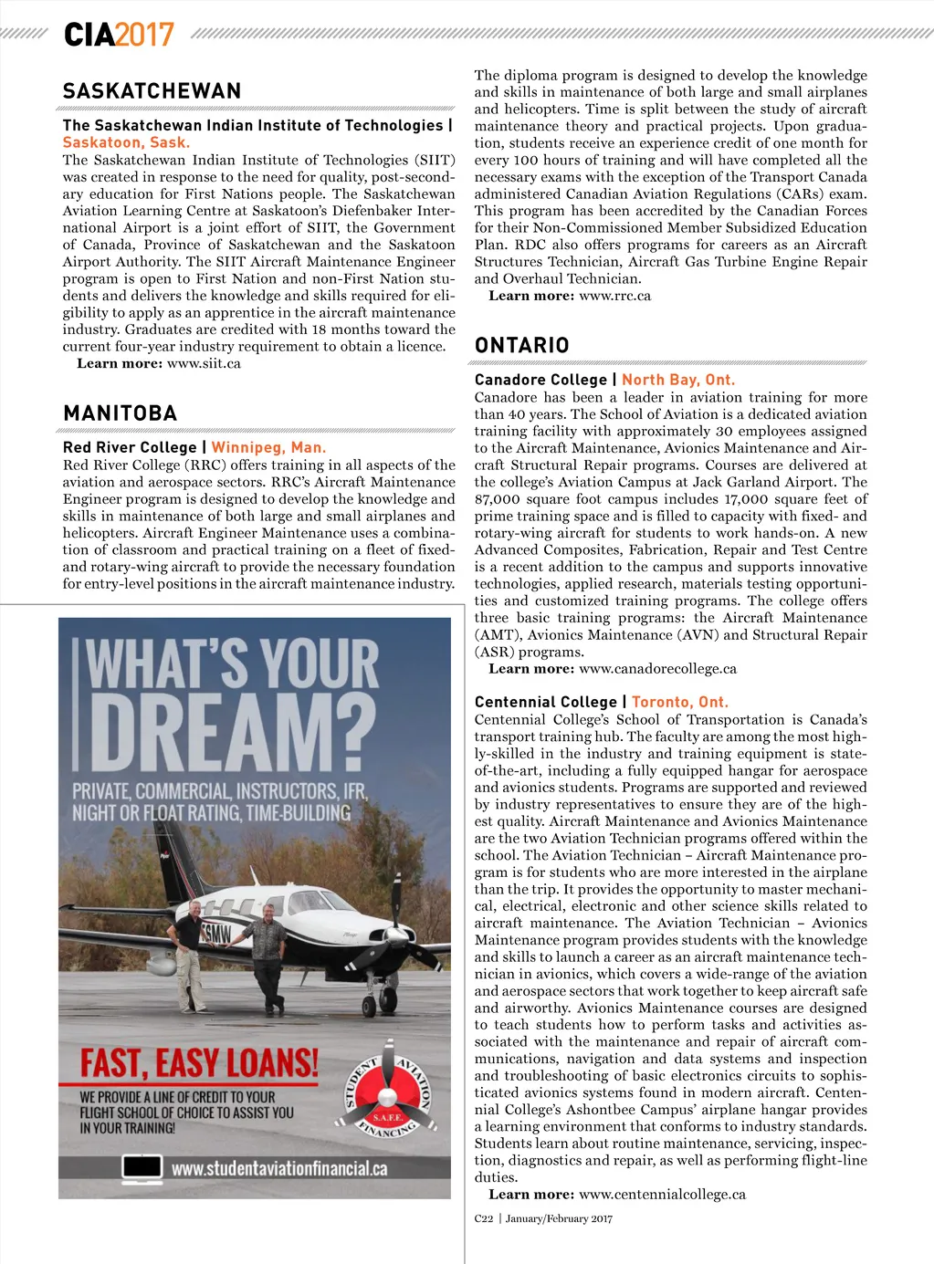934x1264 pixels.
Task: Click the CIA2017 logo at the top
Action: click(x=119, y=35)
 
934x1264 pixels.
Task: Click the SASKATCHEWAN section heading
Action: click(x=152, y=91)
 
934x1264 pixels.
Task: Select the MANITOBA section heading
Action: click(x=121, y=413)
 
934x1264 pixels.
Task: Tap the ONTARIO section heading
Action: click(x=522, y=345)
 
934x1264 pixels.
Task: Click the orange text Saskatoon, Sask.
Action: click(x=126, y=142)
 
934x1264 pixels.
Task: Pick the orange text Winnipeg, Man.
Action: click(x=268, y=447)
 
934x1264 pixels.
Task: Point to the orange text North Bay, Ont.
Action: click(x=678, y=380)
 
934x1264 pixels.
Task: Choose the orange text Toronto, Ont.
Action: click(x=680, y=702)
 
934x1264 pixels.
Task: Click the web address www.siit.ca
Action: click(x=204, y=363)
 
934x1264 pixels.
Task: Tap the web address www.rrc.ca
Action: click(x=614, y=296)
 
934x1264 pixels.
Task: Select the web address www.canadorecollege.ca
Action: click(x=657, y=668)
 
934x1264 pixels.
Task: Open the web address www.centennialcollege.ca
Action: click(x=662, y=1194)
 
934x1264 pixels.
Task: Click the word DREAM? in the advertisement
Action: click(x=233, y=726)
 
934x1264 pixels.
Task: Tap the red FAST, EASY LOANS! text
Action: click(x=199, y=1063)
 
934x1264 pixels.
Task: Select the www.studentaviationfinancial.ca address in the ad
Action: click(x=279, y=1168)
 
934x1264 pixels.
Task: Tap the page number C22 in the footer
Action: click(x=484, y=1218)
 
